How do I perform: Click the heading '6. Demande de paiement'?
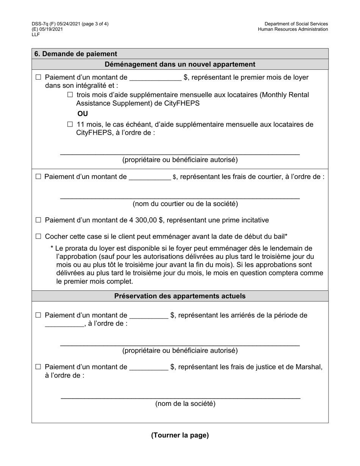coord(76,54)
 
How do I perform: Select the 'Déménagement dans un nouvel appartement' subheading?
coord(180,64)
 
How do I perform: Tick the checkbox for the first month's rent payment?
coord(38,77)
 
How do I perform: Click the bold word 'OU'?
coord(83,114)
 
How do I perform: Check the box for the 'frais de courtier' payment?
coord(38,177)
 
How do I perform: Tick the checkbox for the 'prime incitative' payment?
coord(38,220)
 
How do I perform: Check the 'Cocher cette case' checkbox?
coord(38,236)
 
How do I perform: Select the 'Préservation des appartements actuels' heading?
coord(180,296)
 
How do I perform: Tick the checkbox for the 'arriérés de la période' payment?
coord(38,315)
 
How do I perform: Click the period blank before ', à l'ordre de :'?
coord(64,324)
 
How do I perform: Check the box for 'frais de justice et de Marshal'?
coord(38,367)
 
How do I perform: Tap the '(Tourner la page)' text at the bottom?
coord(180,435)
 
